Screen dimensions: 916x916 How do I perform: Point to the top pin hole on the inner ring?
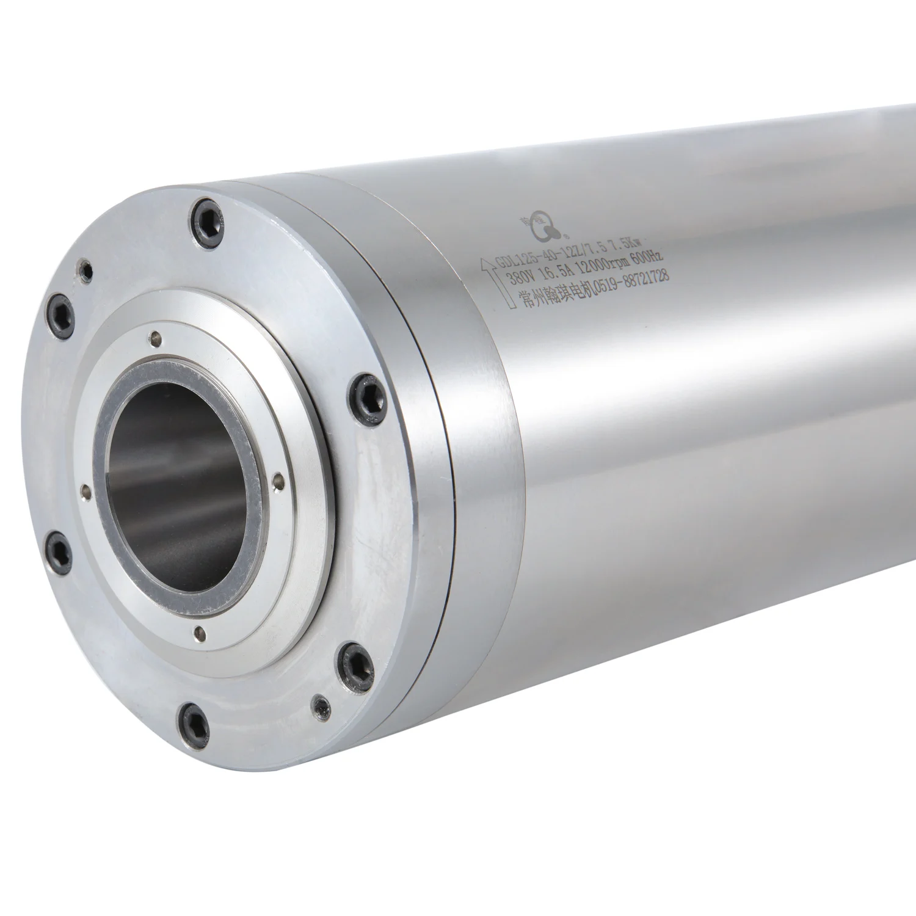pyautogui.click(x=158, y=335)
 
